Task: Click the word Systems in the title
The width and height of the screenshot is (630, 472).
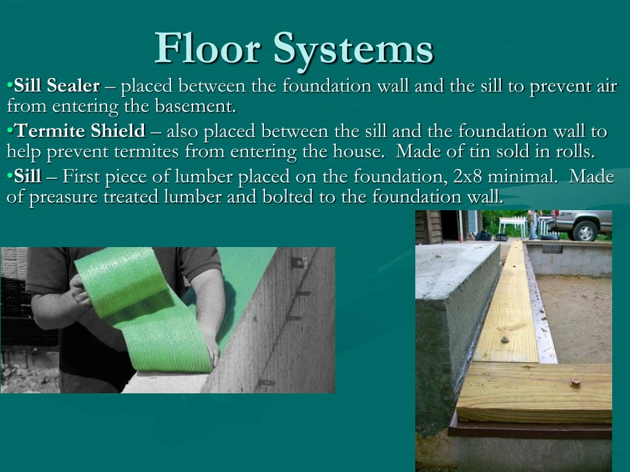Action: pyautogui.click(x=353, y=49)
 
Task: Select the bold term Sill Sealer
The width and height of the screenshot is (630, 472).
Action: pyautogui.click(x=57, y=86)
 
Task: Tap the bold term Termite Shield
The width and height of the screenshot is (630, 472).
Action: pyautogui.click(x=80, y=131)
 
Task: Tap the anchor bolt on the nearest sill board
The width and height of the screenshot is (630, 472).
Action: pyautogui.click(x=575, y=382)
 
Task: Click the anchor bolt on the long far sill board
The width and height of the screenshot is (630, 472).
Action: pyautogui.click(x=504, y=339)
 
